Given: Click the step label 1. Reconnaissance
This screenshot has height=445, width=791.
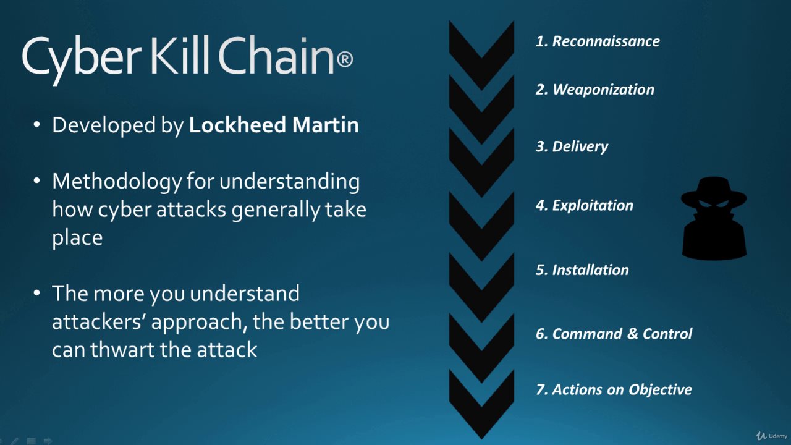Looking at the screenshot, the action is tap(598, 41).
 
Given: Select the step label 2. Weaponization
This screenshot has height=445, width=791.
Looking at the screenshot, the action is tap(594, 90).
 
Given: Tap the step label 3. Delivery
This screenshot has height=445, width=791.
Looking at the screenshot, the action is tap(572, 146).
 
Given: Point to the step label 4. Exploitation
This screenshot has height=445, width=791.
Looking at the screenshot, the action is tap(585, 206).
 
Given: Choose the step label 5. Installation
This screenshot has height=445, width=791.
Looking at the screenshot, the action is tap(582, 270).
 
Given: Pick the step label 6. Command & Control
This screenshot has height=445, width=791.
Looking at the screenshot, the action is tap(614, 334).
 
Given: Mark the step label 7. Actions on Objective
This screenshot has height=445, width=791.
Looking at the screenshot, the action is tap(614, 389).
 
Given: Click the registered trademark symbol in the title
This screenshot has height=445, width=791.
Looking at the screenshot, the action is tap(345, 59).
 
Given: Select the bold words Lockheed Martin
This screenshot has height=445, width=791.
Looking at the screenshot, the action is tap(274, 125).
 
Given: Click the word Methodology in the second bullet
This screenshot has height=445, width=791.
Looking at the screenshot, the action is tap(117, 182).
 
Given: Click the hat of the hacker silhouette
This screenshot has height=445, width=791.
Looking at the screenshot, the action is tap(714, 192).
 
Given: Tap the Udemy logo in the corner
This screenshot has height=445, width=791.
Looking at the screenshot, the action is tap(772, 436).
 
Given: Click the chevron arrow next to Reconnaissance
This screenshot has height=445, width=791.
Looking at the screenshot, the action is tap(481, 55).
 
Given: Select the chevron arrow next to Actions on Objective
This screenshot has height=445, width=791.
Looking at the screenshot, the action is tap(481, 404).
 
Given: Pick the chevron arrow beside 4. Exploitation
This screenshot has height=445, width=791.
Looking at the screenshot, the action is tap(481, 226).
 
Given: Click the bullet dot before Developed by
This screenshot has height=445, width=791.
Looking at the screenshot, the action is tap(36, 125).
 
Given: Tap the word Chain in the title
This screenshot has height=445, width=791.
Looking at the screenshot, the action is tap(276, 55).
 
